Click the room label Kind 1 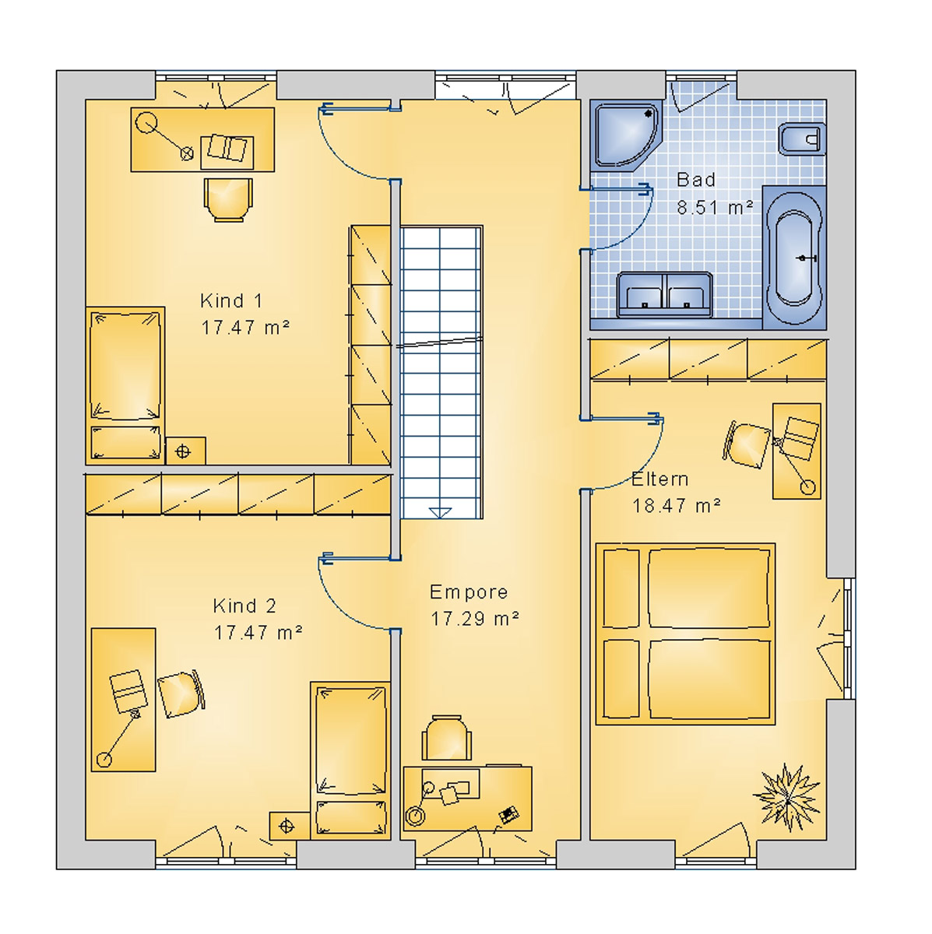tap(231, 300)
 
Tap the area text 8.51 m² tap(714, 208)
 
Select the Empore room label tap(469, 592)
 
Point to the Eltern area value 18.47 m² tap(676, 506)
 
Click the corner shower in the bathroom tap(625, 133)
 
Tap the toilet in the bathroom tap(800, 140)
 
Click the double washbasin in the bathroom tap(664, 294)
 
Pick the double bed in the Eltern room tap(685, 634)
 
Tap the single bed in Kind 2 tap(350, 760)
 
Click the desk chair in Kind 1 tap(228, 199)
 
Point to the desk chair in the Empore tap(447, 738)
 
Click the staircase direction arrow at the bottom tap(440, 511)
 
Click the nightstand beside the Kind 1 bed tap(185, 451)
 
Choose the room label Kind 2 tap(244, 606)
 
